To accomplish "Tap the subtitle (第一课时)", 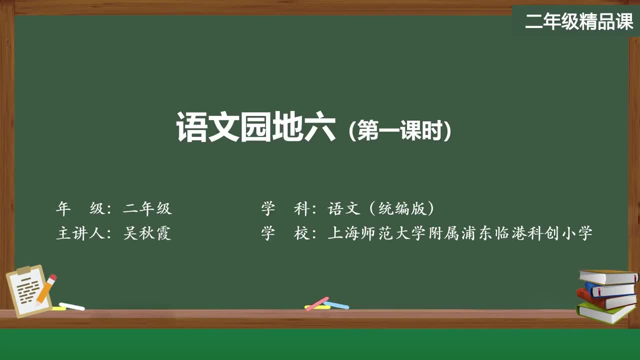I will (400, 131).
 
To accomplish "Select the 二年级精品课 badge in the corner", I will (578, 21).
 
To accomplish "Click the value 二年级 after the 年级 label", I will (147, 208).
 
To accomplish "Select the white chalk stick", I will (71, 306).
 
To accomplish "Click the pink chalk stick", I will (317, 303).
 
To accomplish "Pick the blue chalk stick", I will (336, 304).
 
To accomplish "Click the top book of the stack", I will (607, 276).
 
